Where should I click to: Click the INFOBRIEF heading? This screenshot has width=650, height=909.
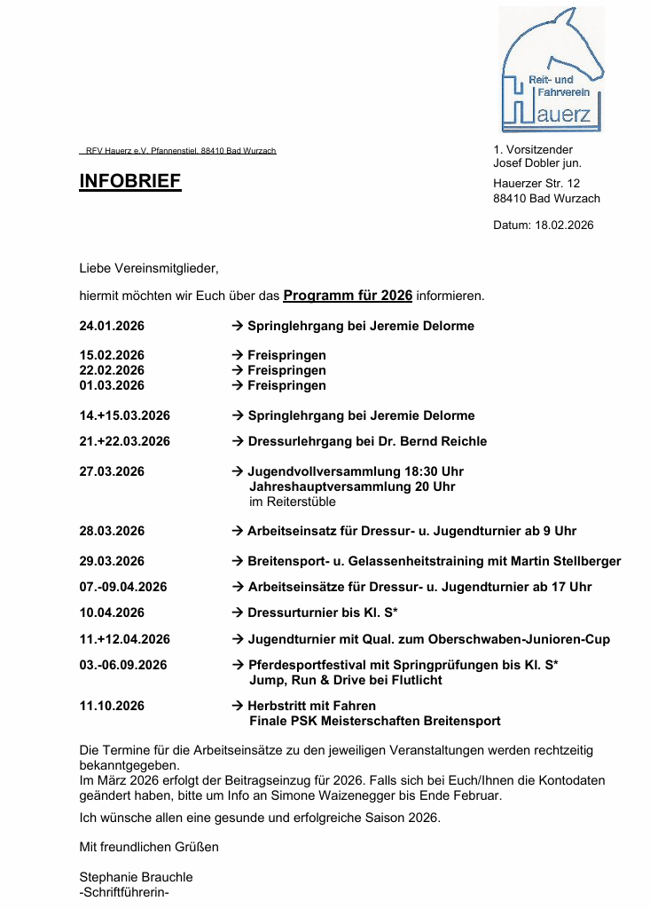(x=130, y=182)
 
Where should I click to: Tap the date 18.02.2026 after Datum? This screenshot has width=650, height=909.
(x=565, y=225)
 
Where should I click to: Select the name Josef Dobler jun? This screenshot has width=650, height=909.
(x=537, y=163)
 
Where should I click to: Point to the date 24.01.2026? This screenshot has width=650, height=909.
(x=112, y=326)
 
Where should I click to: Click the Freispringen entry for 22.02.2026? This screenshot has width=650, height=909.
(x=286, y=370)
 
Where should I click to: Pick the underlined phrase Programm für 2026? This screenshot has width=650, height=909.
(x=348, y=295)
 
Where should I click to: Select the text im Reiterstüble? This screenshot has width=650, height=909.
(x=293, y=502)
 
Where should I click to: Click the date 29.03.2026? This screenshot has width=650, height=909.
(x=112, y=561)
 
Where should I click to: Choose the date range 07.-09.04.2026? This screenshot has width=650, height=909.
(x=123, y=587)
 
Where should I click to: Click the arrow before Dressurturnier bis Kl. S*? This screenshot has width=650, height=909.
(x=238, y=613)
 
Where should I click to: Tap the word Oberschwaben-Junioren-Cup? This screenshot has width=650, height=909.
(x=527, y=639)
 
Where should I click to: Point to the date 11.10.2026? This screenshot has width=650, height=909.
(x=112, y=706)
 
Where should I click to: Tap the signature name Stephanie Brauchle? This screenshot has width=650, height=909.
(x=136, y=877)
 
